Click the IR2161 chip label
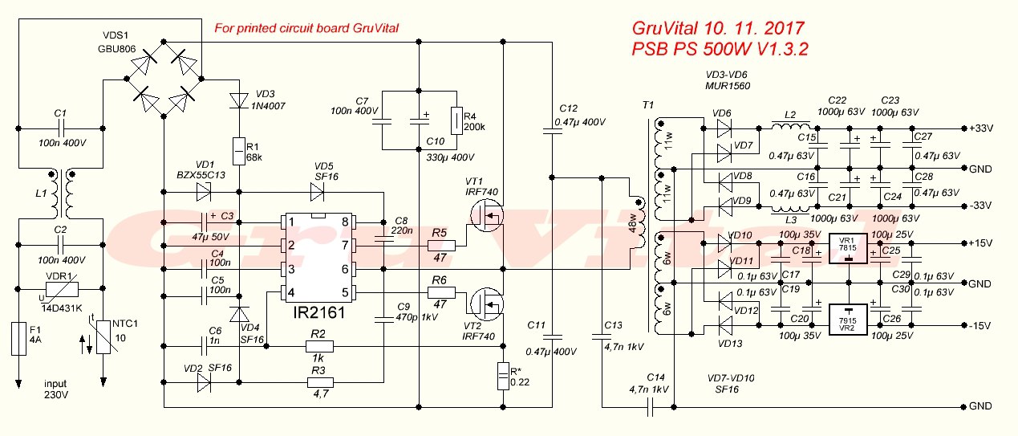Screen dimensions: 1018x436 click(x=318, y=312)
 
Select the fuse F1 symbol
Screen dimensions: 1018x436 click(x=18, y=338)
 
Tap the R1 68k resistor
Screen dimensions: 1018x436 click(x=239, y=151)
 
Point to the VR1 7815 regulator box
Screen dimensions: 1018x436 click(x=848, y=248)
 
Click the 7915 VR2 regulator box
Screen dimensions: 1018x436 click(x=848, y=320)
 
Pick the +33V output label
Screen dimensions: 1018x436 click(x=981, y=128)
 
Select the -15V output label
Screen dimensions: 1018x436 click(x=979, y=326)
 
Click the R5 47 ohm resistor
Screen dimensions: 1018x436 click(x=441, y=246)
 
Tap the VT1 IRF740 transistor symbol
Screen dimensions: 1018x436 click(x=487, y=215)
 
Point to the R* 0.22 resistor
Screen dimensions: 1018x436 click(x=503, y=376)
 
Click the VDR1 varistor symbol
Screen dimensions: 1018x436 click(x=62, y=289)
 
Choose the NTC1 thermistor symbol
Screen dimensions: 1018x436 click(x=104, y=336)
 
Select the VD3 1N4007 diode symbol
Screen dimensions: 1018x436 click(x=239, y=100)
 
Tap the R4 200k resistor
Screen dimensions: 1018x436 click(x=456, y=121)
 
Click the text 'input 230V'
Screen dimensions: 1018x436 click(x=56, y=389)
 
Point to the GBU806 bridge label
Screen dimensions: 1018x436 click(x=117, y=49)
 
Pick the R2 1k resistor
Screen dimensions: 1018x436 click(x=319, y=347)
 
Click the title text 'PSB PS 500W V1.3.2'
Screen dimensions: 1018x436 click(x=720, y=49)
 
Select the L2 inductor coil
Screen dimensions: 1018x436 click(x=791, y=125)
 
